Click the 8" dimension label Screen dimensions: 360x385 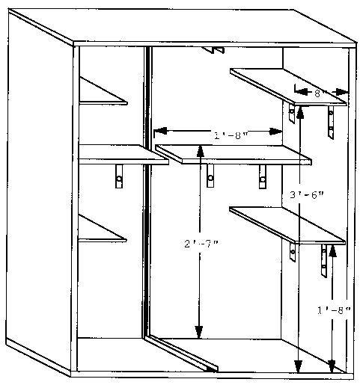pos(317,93)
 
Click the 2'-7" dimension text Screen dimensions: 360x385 pos(201,244)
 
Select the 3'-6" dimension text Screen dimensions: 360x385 pos(307,195)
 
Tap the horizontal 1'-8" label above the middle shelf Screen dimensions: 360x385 pos(231,135)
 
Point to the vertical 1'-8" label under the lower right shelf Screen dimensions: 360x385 pos(334,310)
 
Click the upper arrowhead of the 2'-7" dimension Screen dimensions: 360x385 pos(200,151)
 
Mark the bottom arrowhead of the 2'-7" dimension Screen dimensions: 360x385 pos(199,333)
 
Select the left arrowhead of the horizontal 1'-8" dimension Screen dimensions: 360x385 pos(161,131)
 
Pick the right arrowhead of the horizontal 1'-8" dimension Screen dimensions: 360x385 pos(275,132)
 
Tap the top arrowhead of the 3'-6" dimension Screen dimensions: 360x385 pos(300,111)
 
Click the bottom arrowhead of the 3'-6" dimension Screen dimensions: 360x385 pos(298,366)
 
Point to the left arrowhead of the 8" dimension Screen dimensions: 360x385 pos(301,92)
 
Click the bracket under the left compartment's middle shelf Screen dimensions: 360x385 pos(119,176)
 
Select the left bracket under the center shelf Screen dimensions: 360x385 pos(210,176)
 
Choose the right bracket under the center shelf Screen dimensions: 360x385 pos(263,176)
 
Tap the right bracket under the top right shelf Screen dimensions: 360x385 pos(331,122)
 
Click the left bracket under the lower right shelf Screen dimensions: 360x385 pos(293,252)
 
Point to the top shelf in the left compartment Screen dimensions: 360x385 pos(103,90)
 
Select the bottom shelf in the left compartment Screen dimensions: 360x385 pos(103,228)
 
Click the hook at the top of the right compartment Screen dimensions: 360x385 pos(214,50)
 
